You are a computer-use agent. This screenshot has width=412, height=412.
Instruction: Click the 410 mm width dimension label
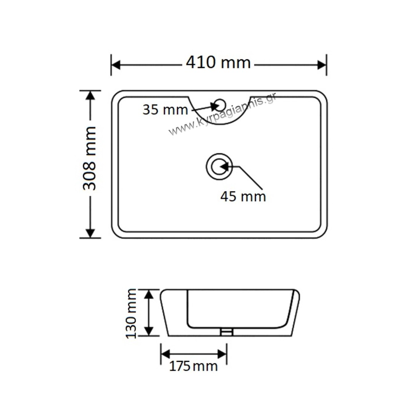(x=218, y=63)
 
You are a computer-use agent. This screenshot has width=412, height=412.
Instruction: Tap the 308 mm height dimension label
(x=89, y=158)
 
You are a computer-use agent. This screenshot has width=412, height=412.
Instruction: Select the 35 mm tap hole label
(x=165, y=110)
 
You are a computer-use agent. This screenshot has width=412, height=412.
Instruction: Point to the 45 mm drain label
(x=243, y=197)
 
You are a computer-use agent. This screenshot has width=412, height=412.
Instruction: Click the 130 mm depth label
(x=131, y=314)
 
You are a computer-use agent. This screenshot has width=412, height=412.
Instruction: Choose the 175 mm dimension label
(x=193, y=366)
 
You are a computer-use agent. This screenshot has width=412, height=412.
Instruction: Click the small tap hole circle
(x=220, y=105)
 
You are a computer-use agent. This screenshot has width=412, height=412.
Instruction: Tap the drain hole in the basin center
(x=219, y=166)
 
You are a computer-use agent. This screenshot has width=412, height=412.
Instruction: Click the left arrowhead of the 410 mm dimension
(x=116, y=65)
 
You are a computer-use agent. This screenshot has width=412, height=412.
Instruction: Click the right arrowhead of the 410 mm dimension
(x=322, y=65)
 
